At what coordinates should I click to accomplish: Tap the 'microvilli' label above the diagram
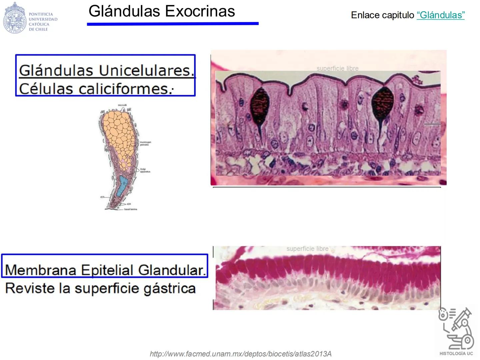[122, 105]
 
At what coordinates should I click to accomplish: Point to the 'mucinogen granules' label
[145, 143]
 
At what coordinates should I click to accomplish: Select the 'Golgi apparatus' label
[145, 170]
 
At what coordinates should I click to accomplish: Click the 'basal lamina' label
[130, 209]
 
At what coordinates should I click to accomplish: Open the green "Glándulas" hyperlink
[440, 15]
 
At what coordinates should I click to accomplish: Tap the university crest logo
[14, 17]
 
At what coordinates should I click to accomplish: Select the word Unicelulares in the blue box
[146, 70]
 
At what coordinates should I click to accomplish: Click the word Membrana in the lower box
[41, 270]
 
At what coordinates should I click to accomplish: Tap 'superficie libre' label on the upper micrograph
[337, 68]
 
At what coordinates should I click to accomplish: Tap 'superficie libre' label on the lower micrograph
[307, 249]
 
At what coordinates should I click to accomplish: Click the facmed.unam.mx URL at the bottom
[240, 354]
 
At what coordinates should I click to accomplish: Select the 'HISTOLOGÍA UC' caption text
[456, 353]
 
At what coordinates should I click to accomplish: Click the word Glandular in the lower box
[172, 270]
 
